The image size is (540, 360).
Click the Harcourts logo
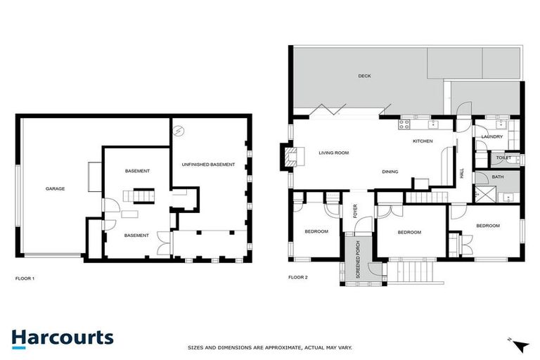point(62,337)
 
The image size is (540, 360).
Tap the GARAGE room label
point(56,189)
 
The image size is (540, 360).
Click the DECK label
point(364,77)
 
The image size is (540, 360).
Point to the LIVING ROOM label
point(334,153)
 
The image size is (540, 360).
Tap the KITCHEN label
point(422,141)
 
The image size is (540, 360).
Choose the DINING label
point(390,172)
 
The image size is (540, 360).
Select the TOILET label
point(503,158)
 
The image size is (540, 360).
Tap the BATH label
point(498,177)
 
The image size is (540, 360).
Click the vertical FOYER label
point(355,211)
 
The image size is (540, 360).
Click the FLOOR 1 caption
point(25,278)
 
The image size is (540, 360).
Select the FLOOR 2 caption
point(298,278)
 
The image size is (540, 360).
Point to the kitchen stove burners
point(405,125)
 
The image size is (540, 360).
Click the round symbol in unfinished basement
point(179,130)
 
